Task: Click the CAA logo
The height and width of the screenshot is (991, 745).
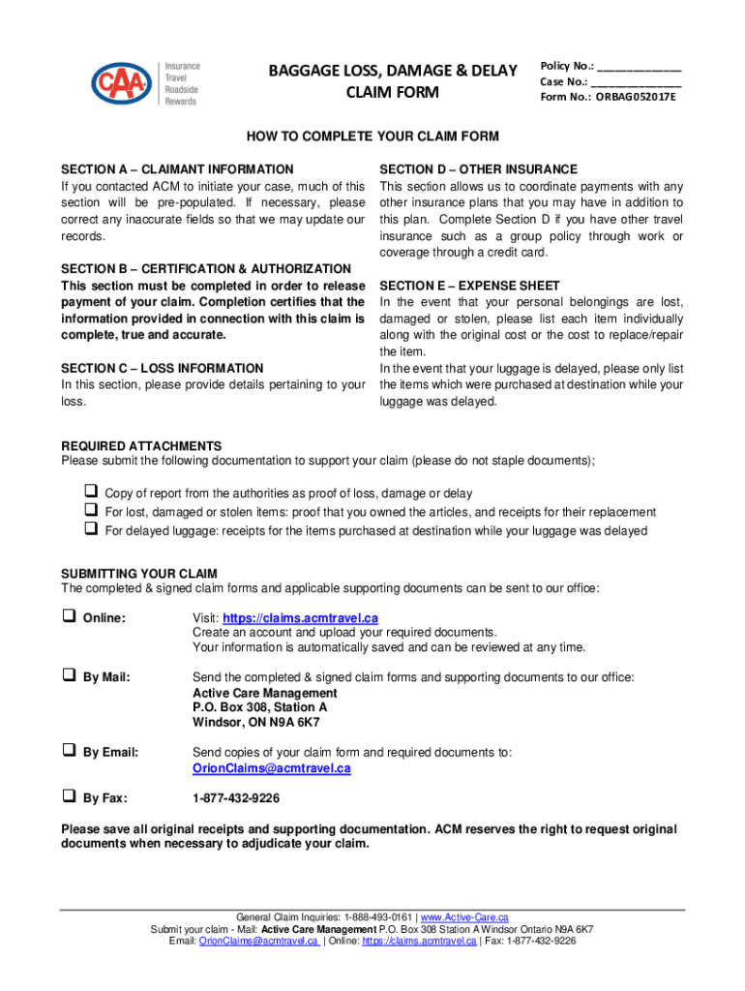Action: click(x=122, y=82)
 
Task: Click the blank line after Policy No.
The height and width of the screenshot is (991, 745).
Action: click(x=639, y=69)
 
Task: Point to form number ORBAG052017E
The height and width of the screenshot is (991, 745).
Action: click(x=636, y=97)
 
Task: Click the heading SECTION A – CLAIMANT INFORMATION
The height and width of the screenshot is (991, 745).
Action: click(x=177, y=169)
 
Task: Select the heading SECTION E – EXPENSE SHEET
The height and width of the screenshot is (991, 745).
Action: click(x=470, y=285)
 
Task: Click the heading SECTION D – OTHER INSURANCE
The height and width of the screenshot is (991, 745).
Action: click(x=479, y=169)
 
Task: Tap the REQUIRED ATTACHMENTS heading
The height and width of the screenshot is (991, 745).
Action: click(x=141, y=446)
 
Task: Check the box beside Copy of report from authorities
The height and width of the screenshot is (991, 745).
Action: click(x=90, y=493)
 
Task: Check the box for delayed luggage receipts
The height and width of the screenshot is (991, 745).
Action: click(x=90, y=529)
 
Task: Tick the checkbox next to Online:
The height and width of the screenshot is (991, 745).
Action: click(x=70, y=616)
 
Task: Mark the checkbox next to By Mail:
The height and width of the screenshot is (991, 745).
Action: click(x=70, y=676)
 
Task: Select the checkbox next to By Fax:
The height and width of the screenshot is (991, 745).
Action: click(x=70, y=797)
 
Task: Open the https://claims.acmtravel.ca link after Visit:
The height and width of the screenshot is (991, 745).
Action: click(x=300, y=618)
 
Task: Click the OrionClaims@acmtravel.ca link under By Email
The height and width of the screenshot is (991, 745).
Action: click(x=271, y=768)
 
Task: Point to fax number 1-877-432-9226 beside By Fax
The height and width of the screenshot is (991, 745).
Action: click(x=236, y=798)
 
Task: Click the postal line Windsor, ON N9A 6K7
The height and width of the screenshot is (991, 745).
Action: click(x=255, y=723)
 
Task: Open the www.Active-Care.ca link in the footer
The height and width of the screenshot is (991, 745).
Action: click(x=464, y=916)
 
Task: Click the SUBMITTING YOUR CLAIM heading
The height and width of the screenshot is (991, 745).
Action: click(x=139, y=574)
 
